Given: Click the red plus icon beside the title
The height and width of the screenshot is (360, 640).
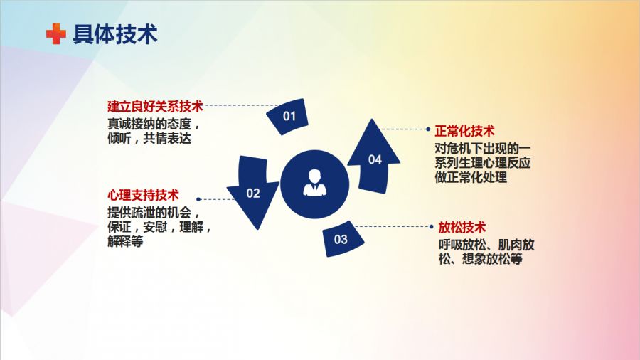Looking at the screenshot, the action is click(56, 33).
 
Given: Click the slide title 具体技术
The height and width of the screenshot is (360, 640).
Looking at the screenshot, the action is click(115, 34).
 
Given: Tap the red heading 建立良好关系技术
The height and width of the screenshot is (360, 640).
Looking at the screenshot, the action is click(155, 106).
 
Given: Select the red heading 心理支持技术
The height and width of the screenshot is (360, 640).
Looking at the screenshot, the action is click(143, 195).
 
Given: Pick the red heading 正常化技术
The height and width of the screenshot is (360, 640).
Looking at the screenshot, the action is click(464, 131).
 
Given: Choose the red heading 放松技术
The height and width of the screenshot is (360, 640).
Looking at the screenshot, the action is click(462, 227).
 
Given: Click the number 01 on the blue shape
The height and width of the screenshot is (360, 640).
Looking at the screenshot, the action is click(289, 117).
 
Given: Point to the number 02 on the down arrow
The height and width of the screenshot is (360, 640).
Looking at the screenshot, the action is click(253, 193).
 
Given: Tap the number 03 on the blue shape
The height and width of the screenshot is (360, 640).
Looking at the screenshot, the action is click(341, 239).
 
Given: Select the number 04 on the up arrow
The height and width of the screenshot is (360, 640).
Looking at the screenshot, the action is click(375, 159).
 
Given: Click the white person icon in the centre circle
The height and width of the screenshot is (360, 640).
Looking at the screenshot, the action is click(315, 183).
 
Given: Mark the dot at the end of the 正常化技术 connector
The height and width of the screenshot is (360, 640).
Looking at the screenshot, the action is click(428, 129).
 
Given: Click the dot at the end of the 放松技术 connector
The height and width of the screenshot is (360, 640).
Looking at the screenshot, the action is click(432, 226).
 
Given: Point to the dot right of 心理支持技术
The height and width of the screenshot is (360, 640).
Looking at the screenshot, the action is click(198, 199).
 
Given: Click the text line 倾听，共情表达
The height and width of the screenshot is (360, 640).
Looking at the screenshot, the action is click(149, 138).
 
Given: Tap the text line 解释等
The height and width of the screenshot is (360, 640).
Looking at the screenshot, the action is click(125, 241).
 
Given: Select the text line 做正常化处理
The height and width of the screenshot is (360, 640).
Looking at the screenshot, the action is click(471, 177).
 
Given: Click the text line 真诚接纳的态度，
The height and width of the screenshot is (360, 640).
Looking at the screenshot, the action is click(154, 124).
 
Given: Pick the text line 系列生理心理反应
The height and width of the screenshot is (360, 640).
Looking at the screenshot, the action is click(482, 162).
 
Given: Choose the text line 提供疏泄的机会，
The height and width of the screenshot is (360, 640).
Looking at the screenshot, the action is click(154, 212).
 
